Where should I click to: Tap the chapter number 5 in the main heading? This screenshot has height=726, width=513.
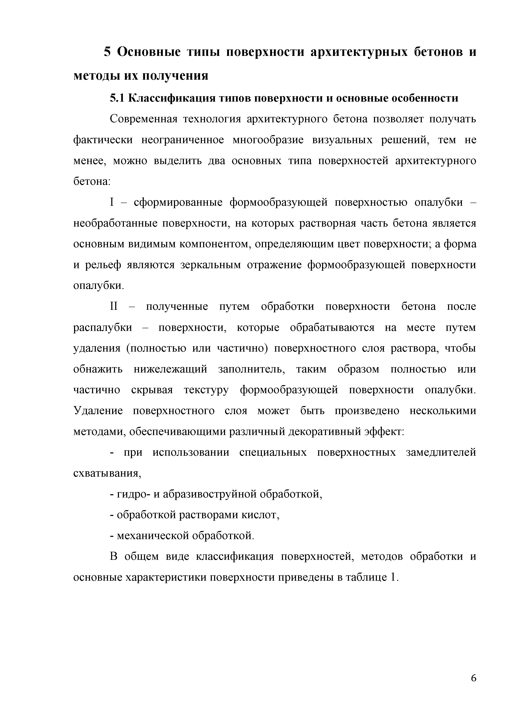coord(108,52)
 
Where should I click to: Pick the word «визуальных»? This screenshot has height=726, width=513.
coord(343,140)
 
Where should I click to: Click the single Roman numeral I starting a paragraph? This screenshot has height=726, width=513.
coord(111,202)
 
